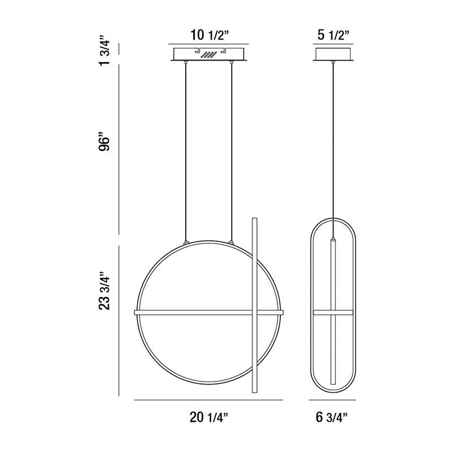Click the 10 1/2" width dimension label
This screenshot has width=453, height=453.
210,35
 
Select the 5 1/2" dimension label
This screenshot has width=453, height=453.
334,35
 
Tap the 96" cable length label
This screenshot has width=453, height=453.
104,142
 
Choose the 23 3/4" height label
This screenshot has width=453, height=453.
104,290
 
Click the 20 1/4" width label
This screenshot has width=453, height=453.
208,417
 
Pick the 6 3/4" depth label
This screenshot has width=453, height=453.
332,417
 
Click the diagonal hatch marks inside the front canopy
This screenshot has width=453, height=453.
208,54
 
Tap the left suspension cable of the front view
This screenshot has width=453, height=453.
186,151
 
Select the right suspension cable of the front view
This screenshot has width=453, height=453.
231,151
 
